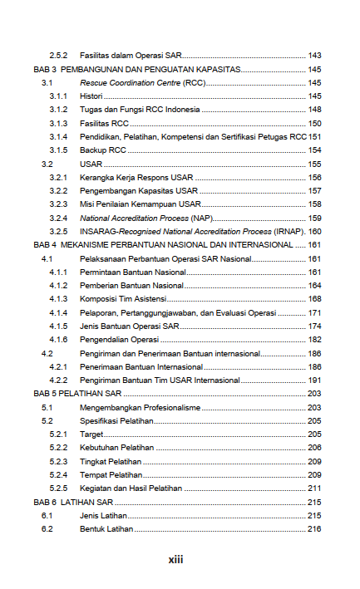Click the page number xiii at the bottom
pos(175,560)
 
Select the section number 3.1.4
pos(58,137)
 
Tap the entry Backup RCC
pos(103,150)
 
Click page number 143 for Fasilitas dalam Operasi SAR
pos(314,56)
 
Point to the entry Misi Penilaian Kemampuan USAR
pos(141,204)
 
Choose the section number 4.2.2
pos(58,380)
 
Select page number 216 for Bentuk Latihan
pos(314,529)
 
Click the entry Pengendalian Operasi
pos(119,340)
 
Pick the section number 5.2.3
pos(58,462)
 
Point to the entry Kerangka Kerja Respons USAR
pos(136,178)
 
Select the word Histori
pos(91,96)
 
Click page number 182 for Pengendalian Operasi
pos(314,340)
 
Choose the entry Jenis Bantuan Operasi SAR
pos(129,326)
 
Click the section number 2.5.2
pos(58,56)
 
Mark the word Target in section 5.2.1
pos(91,434)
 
